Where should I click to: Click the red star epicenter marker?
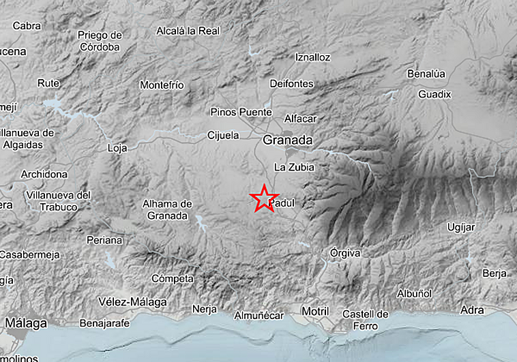263,198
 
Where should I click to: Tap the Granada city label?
287,140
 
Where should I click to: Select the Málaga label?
27,322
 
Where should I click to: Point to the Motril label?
314,311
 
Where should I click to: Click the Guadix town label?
435,94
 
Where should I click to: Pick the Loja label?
117,147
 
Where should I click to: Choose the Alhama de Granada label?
167,209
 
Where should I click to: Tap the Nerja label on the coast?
204,309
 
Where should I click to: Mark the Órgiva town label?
344,253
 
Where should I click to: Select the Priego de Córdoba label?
100,41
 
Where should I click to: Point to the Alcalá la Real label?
186,31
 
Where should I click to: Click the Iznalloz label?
313,58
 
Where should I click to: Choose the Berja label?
494,273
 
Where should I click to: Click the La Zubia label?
293,167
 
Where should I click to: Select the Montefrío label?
162,85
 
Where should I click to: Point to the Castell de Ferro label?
365,320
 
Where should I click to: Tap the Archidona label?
44,175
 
